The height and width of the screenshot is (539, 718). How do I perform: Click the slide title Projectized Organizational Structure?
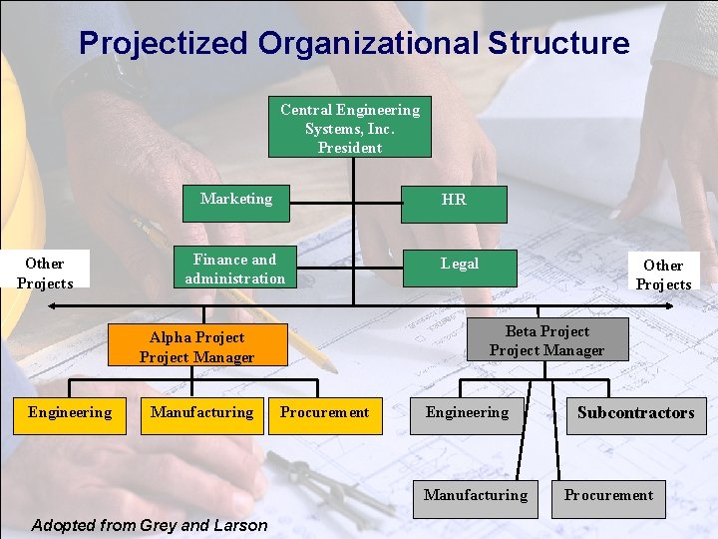coord(354,43)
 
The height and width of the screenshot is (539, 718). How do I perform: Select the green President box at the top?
coord(349,128)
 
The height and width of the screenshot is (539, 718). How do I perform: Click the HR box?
coord(454,203)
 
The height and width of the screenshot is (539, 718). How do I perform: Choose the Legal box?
coord(460,265)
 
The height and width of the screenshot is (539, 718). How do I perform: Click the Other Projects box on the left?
coord(45,272)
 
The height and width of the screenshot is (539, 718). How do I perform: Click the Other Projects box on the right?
coord(663,273)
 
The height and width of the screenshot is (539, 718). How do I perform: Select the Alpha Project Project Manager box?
coord(196,346)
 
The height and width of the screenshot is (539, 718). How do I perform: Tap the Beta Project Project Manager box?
coord(546,340)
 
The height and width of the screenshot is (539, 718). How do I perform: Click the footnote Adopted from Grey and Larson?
coord(150,525)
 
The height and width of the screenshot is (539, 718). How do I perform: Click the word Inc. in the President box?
coord(381,129)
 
